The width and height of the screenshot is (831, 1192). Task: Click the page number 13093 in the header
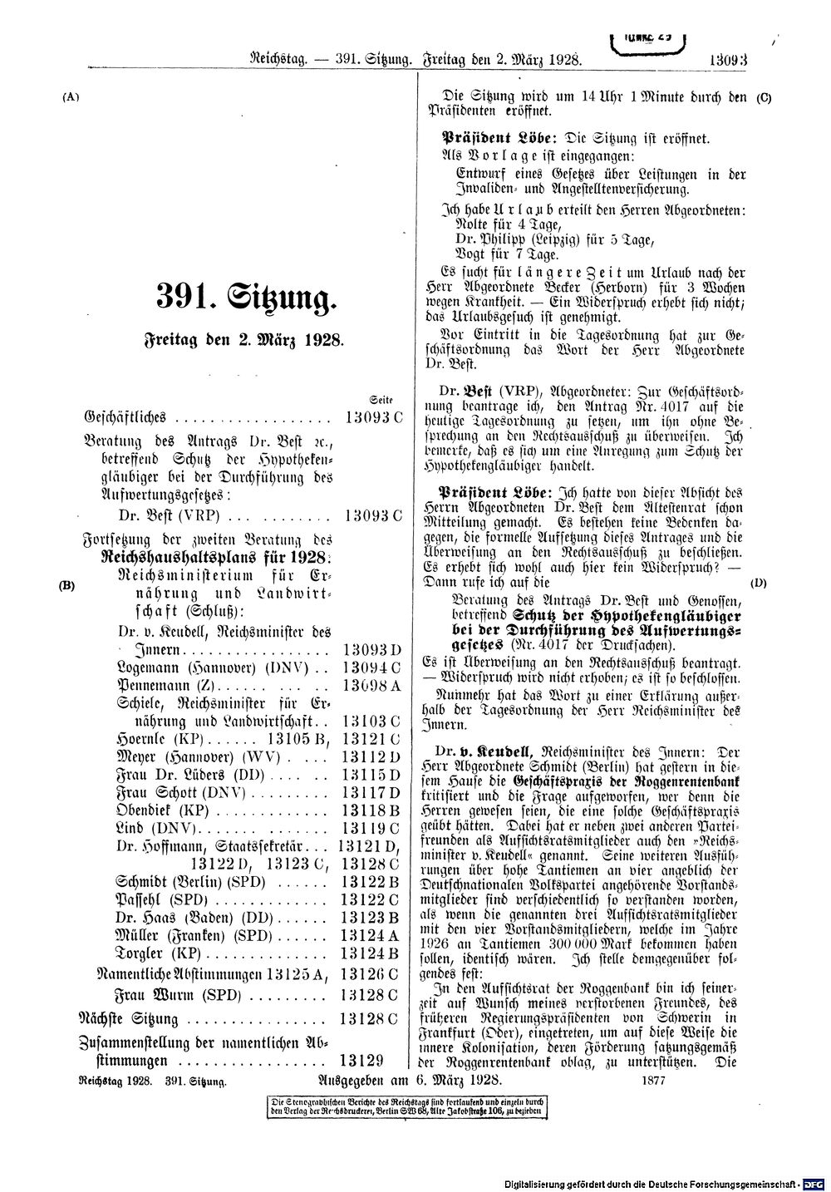(729, 60)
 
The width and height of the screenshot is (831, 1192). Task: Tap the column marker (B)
(67, 584)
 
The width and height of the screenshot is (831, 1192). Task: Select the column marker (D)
(758, 584)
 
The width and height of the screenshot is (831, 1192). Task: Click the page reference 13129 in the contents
(360, 1060)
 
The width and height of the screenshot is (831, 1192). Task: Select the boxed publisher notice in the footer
(404, 1106)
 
